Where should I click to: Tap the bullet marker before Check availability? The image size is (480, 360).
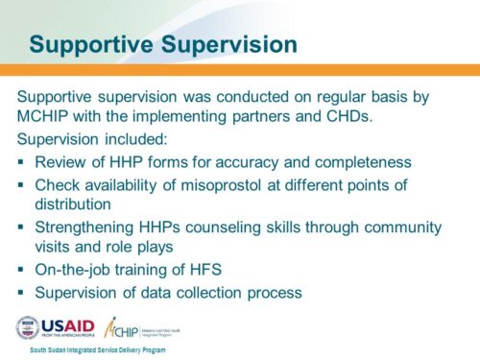22,184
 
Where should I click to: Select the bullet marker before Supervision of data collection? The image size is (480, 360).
22,292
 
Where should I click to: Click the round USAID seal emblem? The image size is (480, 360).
28,327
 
